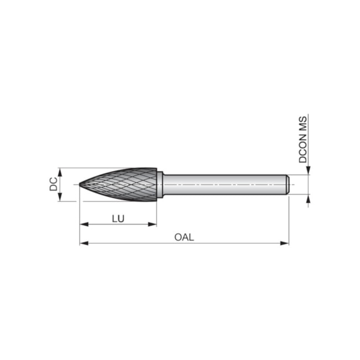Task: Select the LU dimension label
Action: pos(118,218)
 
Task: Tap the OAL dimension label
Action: pos(184,237)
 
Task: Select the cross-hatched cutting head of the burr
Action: pos(122,184)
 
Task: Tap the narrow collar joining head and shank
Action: pos(160,184)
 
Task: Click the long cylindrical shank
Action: pos(222,184)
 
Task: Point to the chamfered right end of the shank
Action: pos(287,184)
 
